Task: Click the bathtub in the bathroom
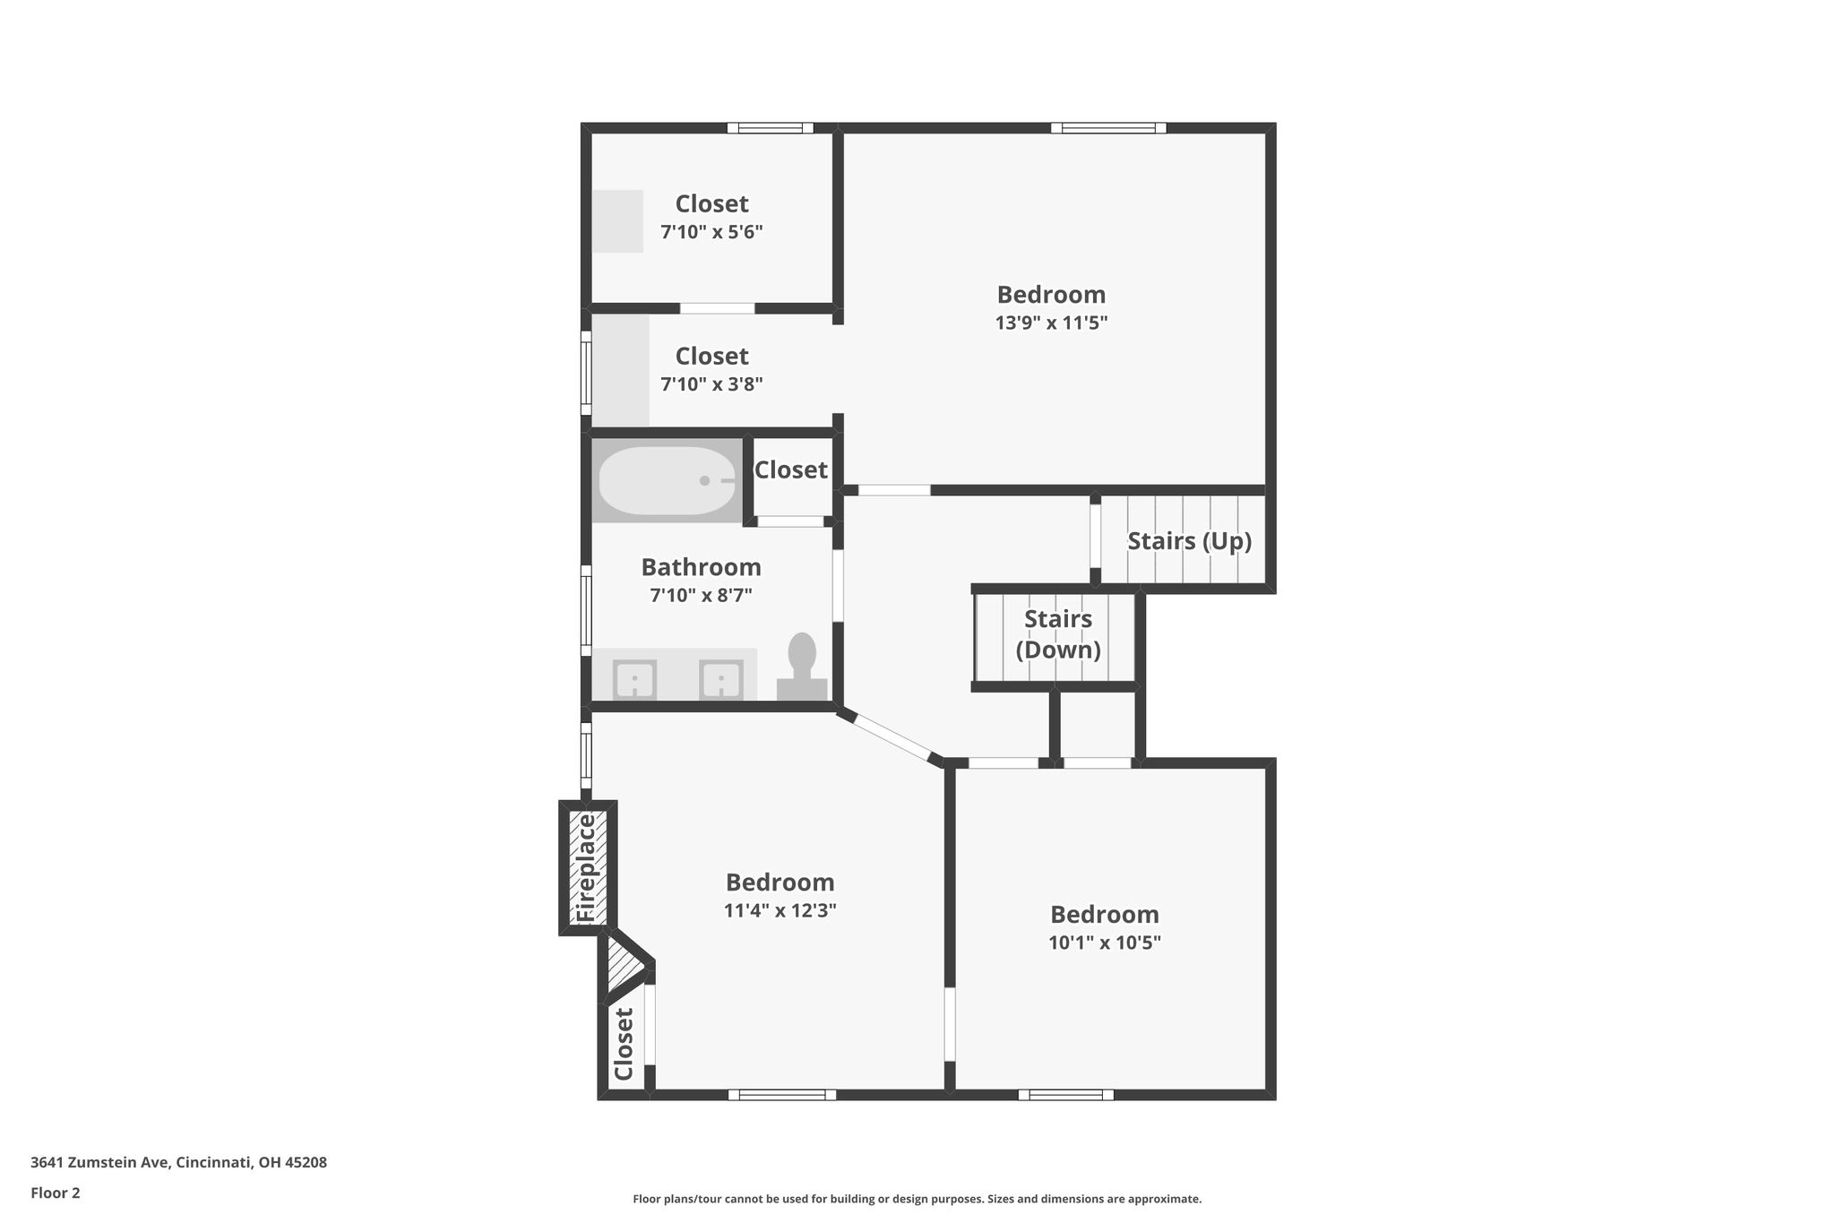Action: point(668,481)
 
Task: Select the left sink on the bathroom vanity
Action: point(634,680)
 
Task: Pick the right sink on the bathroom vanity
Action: point(721,680)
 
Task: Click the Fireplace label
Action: point(586,867)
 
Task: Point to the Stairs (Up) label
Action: point(1189,541)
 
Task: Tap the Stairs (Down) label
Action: point(1058,634)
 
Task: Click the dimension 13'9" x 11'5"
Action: point(1051,323)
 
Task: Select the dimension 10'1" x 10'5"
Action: point(1105,943)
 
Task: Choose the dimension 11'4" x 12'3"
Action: point(780,911)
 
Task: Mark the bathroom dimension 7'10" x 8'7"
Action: point(701,595)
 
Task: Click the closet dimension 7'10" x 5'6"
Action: point(711,232)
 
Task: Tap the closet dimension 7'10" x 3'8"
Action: point(711,384)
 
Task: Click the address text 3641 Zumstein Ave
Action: point(99,1163)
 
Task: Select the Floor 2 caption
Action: point(56,1193)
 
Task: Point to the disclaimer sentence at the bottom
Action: point(917,1199)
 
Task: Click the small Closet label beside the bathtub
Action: point(790,469)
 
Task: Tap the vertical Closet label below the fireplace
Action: point(624,1044)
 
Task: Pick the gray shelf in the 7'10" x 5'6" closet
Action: point(617,221)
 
